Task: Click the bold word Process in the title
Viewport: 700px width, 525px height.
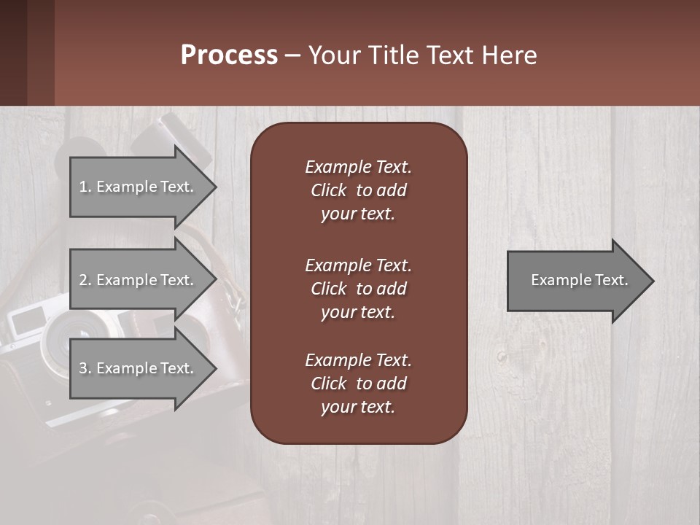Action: pos(229,55)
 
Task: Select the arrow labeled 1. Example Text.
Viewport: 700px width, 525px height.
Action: pos(139,187)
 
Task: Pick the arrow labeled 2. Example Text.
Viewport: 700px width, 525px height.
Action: pos(139,280)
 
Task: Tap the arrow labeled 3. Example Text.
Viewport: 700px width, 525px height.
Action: pos(139,368)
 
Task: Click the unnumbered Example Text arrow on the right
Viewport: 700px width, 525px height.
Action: pos(576,280)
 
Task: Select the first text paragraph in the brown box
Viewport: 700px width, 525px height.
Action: pos(358,190)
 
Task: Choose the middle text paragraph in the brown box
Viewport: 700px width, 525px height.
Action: pos(358,289)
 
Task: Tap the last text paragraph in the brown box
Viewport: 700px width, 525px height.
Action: pos(358,384)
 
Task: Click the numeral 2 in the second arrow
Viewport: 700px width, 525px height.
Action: pos(83,280)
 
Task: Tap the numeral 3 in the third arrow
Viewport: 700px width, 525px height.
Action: pos(83,368)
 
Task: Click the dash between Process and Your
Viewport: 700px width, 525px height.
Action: pos(293,56)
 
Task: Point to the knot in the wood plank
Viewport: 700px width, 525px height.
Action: pos(502,357)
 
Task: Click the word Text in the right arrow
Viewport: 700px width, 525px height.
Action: pos(612,280)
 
